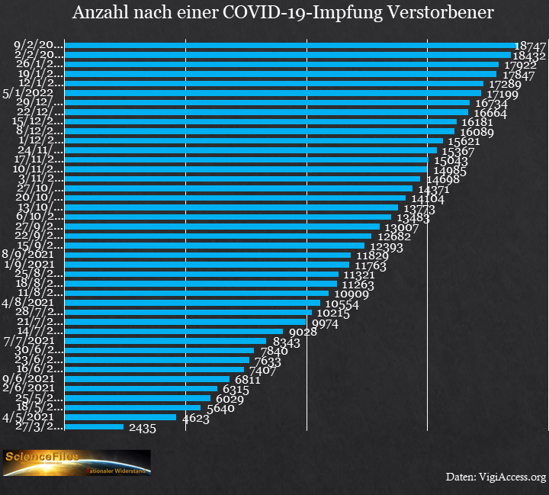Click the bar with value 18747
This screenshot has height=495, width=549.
point(290,46)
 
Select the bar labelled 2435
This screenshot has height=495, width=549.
point(94,426)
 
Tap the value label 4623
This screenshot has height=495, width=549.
point(197,418)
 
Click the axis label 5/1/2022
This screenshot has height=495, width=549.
point(27,93)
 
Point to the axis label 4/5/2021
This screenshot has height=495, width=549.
point(27,417)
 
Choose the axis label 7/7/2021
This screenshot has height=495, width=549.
point(27,340)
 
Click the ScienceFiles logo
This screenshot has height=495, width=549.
point(76,462)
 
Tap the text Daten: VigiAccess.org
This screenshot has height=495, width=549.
point(496,477)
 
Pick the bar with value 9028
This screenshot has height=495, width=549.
point(175,331)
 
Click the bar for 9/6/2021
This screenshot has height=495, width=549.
point(147,379)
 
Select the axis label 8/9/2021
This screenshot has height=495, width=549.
point(27,255)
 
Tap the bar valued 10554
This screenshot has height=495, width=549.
point(192,303)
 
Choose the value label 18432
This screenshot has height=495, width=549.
point(528,56)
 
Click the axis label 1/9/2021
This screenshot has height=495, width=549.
point(27,265)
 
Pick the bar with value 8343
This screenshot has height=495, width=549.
point(165,341)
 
